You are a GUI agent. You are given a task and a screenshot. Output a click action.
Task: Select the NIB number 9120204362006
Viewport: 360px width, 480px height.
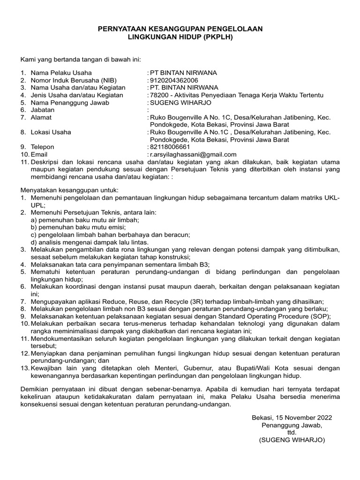tap(172, 80)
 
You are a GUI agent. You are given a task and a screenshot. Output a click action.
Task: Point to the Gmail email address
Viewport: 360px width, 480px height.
tap(193, 154)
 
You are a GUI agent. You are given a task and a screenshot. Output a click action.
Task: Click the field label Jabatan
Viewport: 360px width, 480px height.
tap(43, 110)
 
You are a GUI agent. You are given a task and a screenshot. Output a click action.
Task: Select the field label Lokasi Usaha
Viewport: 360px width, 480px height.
tap(51, 132)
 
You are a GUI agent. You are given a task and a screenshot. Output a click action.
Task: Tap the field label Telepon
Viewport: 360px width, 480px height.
tap(43, 147)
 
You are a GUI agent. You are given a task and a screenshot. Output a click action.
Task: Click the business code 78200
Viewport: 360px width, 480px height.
tap(158, 95)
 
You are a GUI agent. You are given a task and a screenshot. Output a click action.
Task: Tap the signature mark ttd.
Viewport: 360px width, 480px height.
tap(292, 433)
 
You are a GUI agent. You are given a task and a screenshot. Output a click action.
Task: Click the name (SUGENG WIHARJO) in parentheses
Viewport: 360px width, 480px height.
tap(292, 440)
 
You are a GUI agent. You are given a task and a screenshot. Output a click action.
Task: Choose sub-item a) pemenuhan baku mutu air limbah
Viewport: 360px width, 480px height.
tap(85, 220)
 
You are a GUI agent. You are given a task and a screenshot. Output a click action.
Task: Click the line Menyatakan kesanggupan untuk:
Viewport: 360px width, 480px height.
tap(69, 190)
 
